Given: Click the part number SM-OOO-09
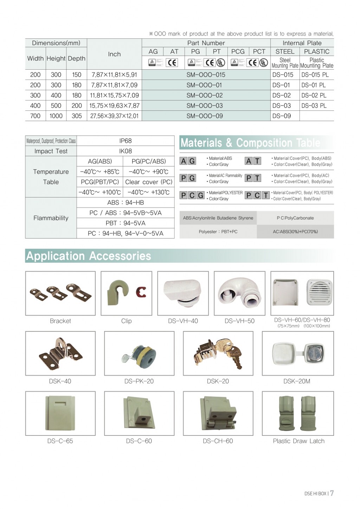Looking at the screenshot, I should [205, 116].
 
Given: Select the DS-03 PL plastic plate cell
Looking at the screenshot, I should [314, 106].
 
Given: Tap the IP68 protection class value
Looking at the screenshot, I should [125, 141].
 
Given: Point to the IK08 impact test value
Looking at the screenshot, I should [125, 151].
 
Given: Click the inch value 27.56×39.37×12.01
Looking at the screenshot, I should [114, 116].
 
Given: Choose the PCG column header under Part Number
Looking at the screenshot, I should [238, 51].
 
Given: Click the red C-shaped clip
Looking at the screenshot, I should [141, 292].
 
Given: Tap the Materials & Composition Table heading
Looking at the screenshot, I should [250, 143].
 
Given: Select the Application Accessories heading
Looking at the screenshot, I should [89, 256].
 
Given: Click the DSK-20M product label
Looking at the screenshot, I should [297, 381].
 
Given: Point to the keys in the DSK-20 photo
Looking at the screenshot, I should [230, 350].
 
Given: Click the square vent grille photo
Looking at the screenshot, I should [319, 292].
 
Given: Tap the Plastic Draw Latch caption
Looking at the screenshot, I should [298, 441].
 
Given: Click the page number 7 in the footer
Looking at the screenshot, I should [332, 493].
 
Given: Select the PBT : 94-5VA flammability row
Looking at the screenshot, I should [125, 223].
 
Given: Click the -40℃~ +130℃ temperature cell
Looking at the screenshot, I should [148, 192].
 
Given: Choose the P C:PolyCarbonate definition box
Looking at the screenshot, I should [295, 218].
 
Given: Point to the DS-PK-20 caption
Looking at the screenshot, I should [139, 381].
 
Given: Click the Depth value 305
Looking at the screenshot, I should [76, 116].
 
